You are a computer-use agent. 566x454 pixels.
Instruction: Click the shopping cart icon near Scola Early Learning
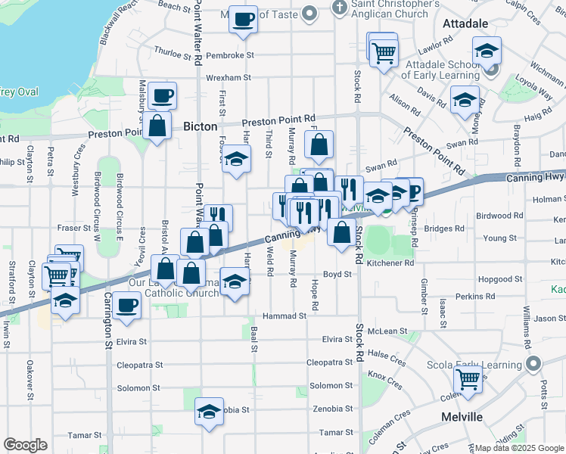468,380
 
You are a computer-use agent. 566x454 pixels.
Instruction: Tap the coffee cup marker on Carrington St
126,306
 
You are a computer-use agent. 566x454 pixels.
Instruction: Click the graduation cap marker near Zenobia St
209,412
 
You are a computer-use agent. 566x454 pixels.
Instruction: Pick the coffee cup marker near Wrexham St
162,96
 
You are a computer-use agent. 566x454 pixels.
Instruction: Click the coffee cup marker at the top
244,19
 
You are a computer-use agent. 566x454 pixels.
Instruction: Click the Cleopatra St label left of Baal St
139,365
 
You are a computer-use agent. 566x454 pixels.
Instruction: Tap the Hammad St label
284,316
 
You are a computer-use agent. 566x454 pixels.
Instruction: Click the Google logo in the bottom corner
26,445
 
